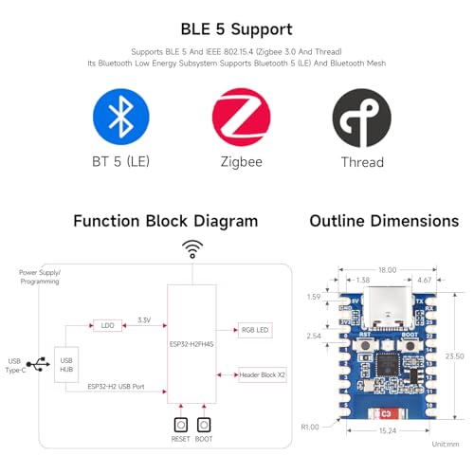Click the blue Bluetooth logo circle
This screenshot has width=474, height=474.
(x=120, y=117)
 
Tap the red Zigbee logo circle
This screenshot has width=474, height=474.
(x=241, y=117)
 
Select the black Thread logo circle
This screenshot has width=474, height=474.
(x=361, y=117)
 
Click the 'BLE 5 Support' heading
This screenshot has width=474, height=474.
(x=236, y=29)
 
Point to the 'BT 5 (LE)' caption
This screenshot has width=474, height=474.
(x=120, y=162)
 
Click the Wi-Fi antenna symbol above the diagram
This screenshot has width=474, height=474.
(x=192, y=249)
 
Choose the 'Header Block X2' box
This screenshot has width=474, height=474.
(x=263, y=375)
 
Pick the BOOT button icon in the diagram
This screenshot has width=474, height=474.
(x=204, y=426)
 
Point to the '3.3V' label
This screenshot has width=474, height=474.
(x=144, y=319)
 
